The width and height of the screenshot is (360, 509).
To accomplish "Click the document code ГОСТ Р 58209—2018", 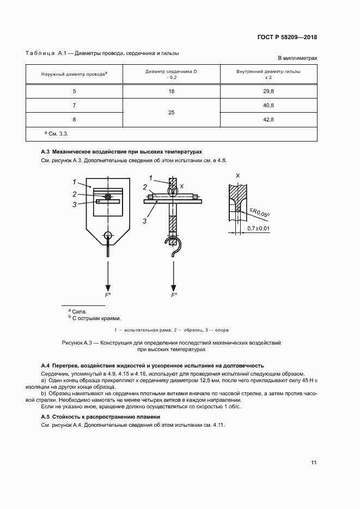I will tap(286, 38).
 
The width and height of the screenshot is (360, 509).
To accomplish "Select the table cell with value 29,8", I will tap(268, 91).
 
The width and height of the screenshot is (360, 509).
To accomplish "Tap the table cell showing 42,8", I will tap(268, 119).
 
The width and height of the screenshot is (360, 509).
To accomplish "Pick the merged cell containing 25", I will tap(172, 112).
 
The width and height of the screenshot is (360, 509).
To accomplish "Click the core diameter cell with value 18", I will tap(172, 91).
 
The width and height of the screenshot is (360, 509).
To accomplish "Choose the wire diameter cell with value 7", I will tap(74, 105).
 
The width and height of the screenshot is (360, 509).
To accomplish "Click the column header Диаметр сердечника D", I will tap(172, 71).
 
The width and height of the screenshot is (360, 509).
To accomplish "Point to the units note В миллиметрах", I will tap(297, 58).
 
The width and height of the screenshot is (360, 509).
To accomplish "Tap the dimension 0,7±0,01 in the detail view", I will tap(258, 229).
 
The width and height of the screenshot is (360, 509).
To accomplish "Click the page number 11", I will tap(314, 463).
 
